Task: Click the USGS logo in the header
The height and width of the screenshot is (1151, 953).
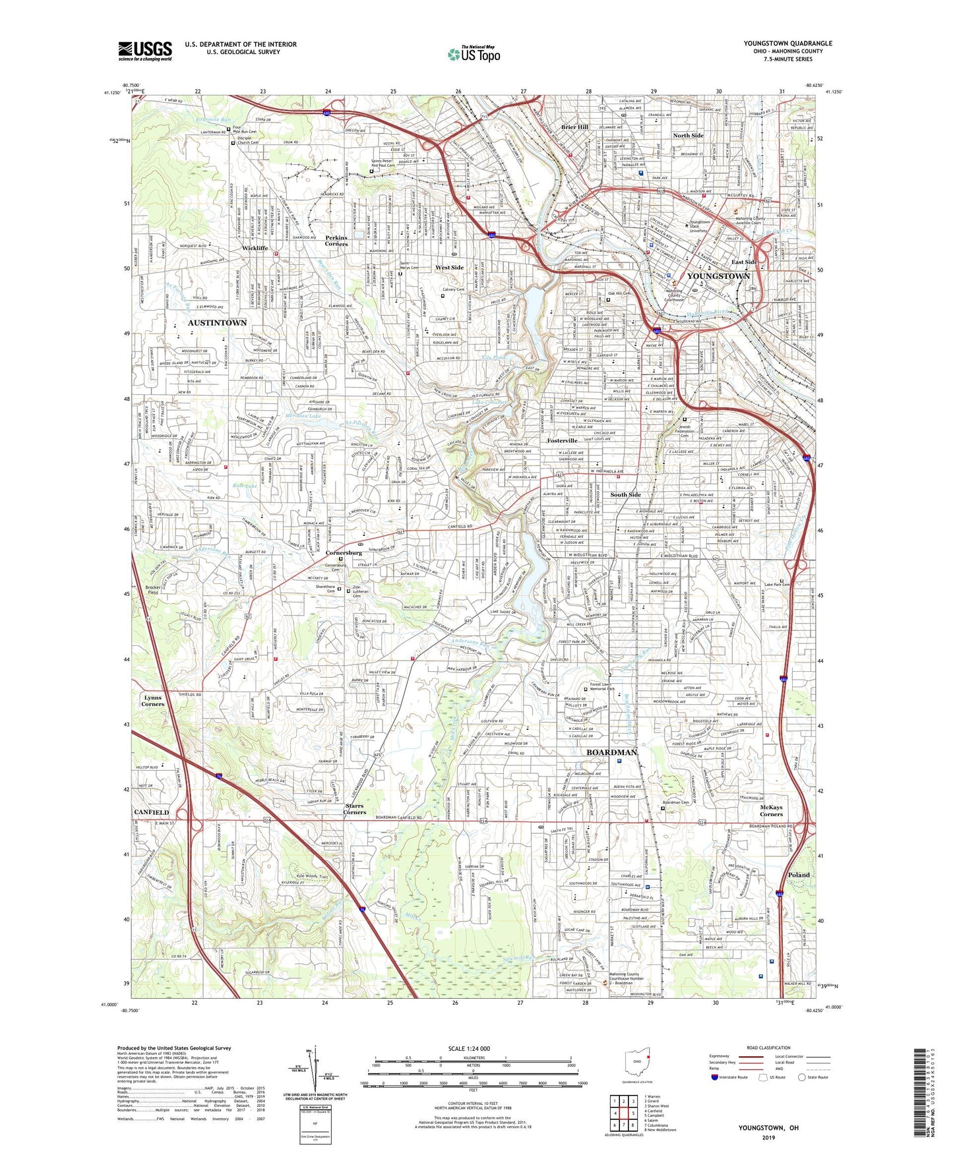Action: click(145, 51)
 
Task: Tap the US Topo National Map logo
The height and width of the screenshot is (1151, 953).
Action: click(474, 54)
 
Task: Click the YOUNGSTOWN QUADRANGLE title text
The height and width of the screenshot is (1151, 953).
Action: click(787, 44)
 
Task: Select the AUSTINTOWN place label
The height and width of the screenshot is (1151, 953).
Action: click(217, 322)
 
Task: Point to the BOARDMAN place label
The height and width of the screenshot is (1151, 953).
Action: click(612, 752)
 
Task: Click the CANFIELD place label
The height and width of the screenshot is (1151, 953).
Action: click(152, 812)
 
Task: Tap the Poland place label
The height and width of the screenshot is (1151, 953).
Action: click(799, 875)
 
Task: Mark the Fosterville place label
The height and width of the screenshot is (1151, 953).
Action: click(562, 440)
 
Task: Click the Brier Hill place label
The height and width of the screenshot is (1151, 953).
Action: click(574, 127)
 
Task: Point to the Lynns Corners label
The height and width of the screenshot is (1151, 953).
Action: click(152, 701)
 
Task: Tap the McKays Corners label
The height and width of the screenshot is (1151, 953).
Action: click(771, 811)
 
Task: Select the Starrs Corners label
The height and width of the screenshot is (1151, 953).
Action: click(354, 809)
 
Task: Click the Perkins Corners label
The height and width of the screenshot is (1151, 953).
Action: click(336, 241)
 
